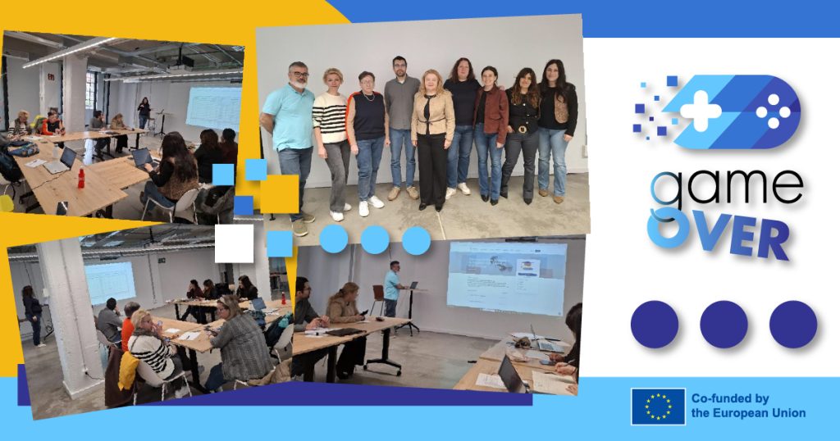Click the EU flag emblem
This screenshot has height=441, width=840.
658,407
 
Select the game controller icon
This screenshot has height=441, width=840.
718,111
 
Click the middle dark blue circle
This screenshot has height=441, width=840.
724,325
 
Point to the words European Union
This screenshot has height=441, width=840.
748,413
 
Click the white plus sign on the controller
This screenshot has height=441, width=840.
701,111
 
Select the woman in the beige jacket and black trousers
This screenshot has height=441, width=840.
433,140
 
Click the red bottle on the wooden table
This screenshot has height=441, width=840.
81,178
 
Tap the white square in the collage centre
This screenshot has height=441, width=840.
234,243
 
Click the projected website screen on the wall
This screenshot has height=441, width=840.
507,278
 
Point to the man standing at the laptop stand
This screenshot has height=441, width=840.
392,289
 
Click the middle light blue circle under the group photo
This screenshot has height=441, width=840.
374,239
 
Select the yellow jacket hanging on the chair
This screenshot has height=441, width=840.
128,370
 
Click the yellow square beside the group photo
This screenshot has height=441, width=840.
280,194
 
